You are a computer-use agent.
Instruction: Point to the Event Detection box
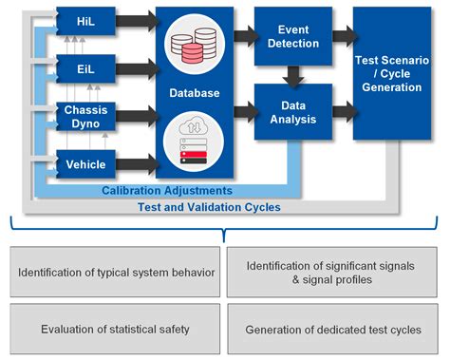(x=292, y=36)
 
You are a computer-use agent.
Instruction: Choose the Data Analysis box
(x=292, y=112)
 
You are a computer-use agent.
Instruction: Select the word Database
(x=194, y=93)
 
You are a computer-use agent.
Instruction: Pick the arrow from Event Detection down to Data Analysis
(x=292, y=74)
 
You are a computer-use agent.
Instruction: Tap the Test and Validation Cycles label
(x=209, y=204)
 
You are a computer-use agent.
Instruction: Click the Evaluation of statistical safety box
(x=114, y=330)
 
